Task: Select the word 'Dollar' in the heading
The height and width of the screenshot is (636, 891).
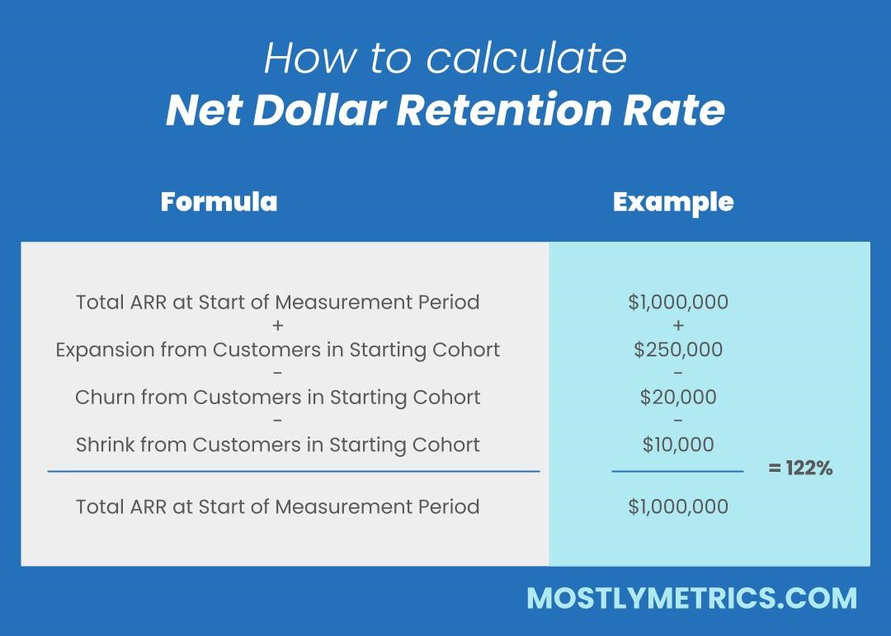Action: point(318,111)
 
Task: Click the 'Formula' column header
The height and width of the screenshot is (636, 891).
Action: point(219,202)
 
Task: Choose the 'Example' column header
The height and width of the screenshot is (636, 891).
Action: point(673,202)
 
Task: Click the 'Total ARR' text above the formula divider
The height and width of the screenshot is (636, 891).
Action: point(277,302)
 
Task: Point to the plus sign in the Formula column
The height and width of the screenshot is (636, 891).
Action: point(277,326)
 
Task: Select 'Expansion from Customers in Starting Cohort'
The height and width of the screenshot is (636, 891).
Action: point(277,350)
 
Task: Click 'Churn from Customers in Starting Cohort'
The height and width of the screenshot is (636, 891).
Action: point(277,398)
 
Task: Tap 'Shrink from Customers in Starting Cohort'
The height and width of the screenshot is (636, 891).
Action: point(277,445)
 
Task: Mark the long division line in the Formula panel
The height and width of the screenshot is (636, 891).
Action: point(294,471)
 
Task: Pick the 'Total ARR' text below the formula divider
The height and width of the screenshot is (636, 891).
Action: point(277,506)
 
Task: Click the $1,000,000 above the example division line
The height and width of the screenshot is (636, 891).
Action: point(678,302)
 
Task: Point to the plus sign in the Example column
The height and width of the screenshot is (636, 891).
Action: point(678,326)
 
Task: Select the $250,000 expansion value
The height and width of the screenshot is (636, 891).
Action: point(678,350)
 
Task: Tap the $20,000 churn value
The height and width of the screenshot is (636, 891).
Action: point(678,398)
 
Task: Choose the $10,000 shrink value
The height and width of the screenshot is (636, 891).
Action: point(678,445)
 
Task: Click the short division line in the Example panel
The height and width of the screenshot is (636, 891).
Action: point(677,471)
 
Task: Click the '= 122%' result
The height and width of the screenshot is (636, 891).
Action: point(800,469)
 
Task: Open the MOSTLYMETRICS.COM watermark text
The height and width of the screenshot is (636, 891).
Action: point(691,598)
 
